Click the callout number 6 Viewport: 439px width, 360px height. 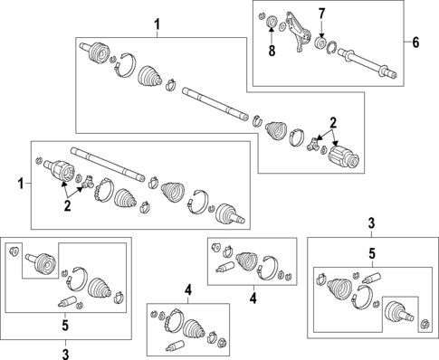[415, 43]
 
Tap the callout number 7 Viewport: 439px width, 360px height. [322, 14]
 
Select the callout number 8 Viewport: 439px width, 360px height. [272, 51]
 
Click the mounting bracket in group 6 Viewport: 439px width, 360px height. [298, 32]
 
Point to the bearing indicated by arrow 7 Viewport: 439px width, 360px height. [320, 43]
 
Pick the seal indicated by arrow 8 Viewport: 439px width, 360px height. [272, 22]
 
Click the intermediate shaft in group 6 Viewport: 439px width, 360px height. [367, 64]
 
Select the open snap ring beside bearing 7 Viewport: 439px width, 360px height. [331, 48]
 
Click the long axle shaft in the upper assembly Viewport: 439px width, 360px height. [215, 104]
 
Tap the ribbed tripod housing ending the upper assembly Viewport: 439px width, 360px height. [343, 156]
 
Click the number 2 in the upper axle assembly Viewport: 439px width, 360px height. [333, 123]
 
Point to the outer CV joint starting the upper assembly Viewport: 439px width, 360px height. [94, 52]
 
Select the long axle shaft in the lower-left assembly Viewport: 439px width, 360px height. [108, 165]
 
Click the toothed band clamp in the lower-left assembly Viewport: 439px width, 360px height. [104, 190]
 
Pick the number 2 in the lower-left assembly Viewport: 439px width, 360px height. [67, 205]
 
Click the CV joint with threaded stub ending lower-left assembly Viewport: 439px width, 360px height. [230, 214]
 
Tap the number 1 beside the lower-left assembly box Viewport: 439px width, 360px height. [21, 184]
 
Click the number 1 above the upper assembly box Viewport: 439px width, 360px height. [157, 24]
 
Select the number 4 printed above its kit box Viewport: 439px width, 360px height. [188, 290]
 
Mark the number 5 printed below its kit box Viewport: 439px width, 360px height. [65, 326]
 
